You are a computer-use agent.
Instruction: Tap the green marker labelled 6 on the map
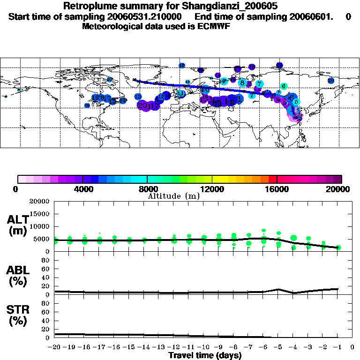[x=284, y=86]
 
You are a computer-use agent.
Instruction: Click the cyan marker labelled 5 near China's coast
[x=296, y=102]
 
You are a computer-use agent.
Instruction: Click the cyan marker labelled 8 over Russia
[x=242, y=83]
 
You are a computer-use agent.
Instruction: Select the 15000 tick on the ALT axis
[x=41, y=214]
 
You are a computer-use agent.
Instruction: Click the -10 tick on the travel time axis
[x=204, y=347]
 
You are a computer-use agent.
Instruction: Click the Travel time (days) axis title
[x=205, y=356]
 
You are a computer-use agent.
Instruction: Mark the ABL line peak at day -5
[x=278, y=289]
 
